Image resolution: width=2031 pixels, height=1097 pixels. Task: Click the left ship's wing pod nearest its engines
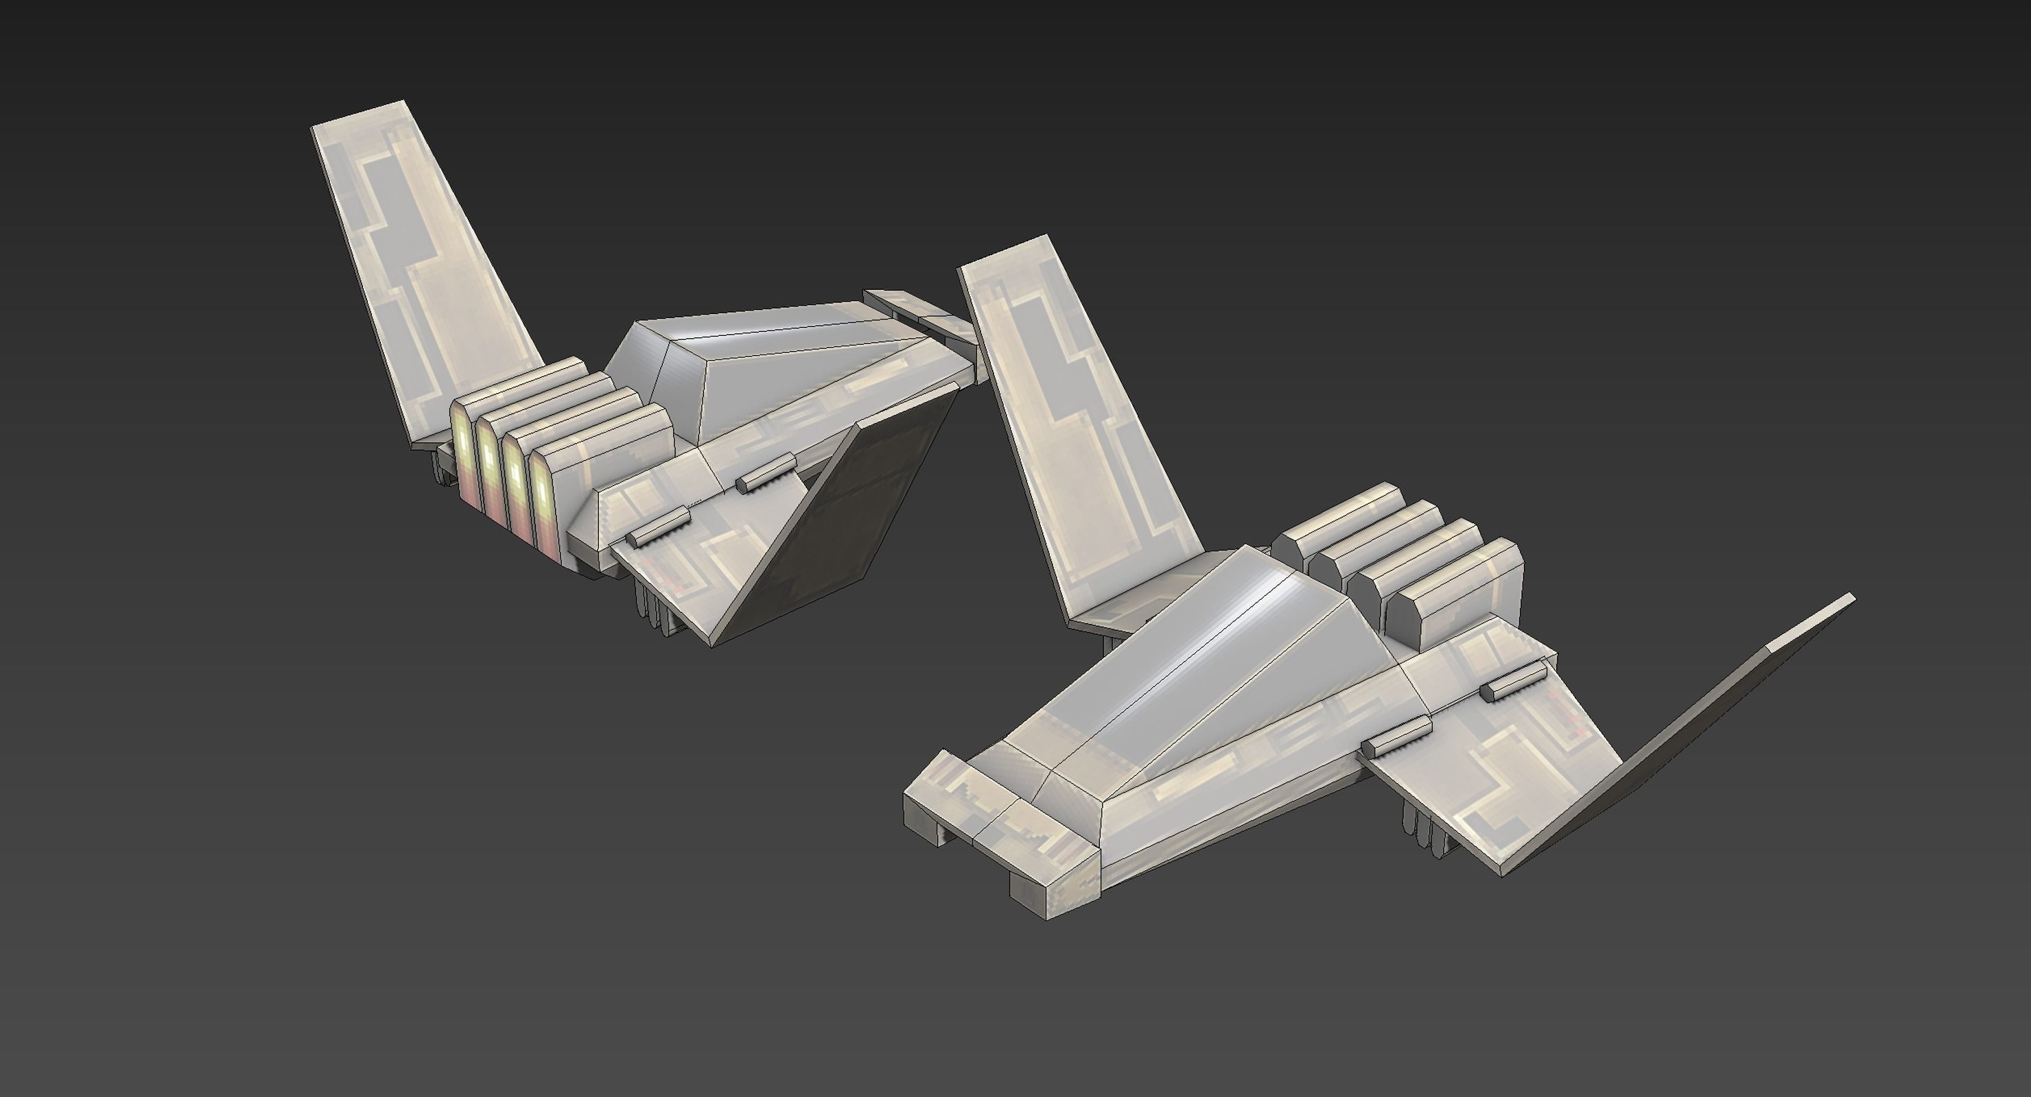click(658, 526)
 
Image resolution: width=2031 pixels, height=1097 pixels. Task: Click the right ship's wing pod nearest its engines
click(1512, 682)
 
